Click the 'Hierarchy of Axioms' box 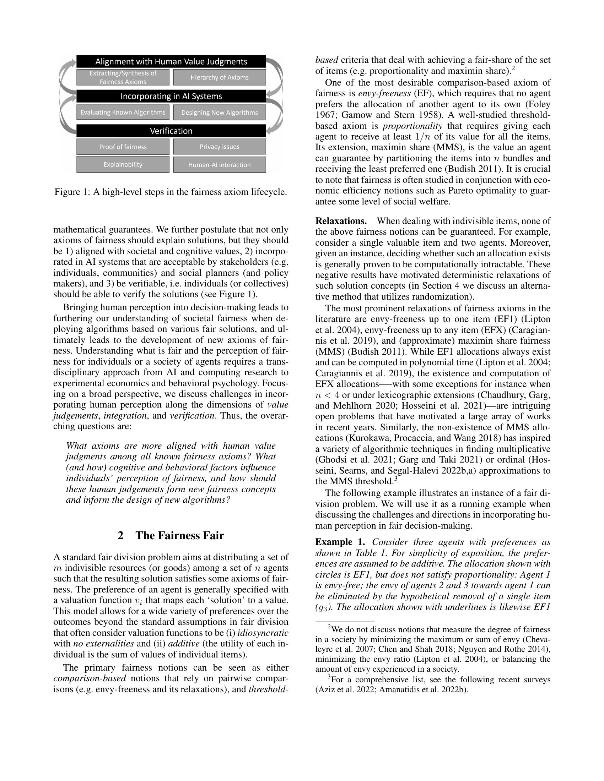tap(219, 78)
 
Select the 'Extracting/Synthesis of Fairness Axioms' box tap(123, 78)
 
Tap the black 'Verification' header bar tap(171, 131)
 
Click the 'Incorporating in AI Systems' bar tap(171, 96)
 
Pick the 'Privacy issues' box tap(219, 147)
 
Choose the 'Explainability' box tap(123, 164)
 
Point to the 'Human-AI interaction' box tap(219, 165)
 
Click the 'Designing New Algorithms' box tap(219, 113)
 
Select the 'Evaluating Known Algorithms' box tap(123, 112)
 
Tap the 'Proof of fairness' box tap(123, 147)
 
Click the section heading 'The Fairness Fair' tap(180, 536)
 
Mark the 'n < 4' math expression tap(327, 395)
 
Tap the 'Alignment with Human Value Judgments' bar tap(171, 61)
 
